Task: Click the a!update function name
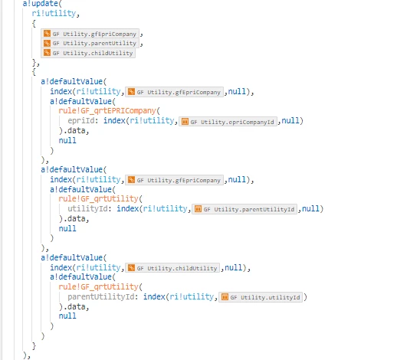(x=40, y=4)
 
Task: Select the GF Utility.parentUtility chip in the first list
(x=90, y=44)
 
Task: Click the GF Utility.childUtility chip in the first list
(x=88, y=53)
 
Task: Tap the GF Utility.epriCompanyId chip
(x=228, y=122)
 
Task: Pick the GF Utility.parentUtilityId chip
(x=244, y=209)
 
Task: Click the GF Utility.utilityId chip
(x=261, y=297)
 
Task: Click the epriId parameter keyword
(x=81, y=121)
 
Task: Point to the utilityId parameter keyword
(x=87, y=208)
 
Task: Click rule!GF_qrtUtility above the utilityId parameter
(x=98, y=199)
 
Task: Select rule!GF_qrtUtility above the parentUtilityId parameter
(x=98, y=287)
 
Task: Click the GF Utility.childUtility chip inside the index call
(x=172, y=268)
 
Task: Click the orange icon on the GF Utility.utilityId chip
(x=225, y=297)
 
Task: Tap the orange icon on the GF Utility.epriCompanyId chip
(x=185, y=122)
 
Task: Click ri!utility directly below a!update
(x=54, y=13)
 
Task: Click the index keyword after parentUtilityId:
(x=154, y=296)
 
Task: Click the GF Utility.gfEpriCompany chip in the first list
(x=90, y=34)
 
